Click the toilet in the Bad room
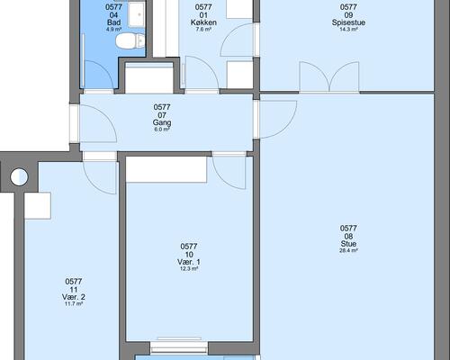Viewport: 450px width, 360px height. (x=130, y=40)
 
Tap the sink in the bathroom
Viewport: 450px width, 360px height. (x=137, y=14)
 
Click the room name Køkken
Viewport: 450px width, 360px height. (x=203, y=22)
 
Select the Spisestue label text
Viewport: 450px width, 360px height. (x=348, y=22)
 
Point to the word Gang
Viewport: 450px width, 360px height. (x=162, y=122)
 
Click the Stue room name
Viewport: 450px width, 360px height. (x=348, y=244)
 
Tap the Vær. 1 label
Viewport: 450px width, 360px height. (x=189, y=262)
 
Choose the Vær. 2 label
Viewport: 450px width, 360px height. (x=74, y=297)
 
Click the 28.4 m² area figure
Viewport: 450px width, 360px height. (x=348, y=250)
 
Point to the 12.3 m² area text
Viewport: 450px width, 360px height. (x=189, y=269)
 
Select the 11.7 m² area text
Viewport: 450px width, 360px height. (x=74, y=304)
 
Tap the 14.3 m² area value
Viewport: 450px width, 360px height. (x=348, y=30)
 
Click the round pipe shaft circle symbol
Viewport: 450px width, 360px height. (x=19, y=177)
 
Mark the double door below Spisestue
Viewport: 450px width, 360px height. (x=329, y=76)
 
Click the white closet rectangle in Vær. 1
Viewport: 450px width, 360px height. (x=166, y=169)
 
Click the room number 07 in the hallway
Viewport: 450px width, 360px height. (x=162, y=115)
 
